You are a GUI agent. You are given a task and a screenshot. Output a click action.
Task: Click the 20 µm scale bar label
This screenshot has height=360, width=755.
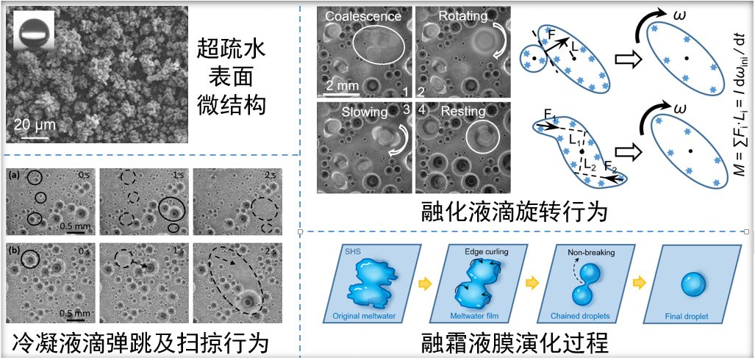click(35, 124)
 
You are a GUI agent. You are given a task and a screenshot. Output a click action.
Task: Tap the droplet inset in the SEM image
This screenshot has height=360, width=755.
click(32, 33)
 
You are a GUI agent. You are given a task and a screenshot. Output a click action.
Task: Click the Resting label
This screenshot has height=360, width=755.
click(463, 112)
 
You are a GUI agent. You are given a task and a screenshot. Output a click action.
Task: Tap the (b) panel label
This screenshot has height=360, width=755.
click(15, 249)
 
